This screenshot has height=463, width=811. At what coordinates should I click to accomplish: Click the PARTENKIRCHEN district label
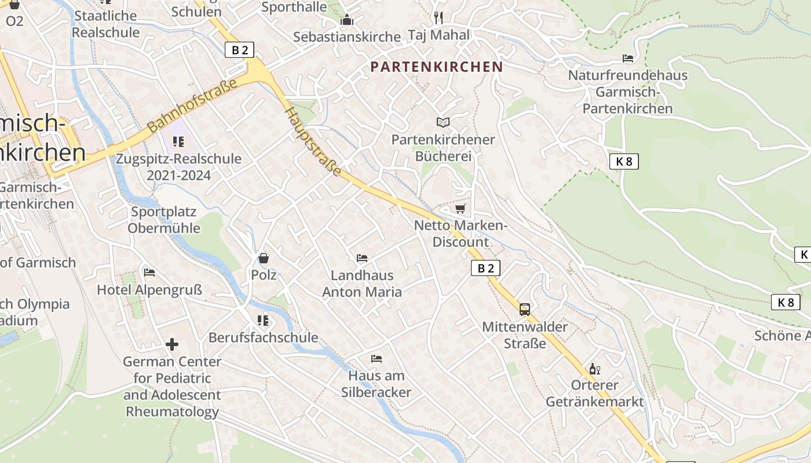(437, 67)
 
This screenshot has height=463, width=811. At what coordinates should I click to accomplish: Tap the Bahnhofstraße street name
(192, 105)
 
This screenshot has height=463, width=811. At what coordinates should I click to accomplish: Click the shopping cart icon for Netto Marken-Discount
(461, 208)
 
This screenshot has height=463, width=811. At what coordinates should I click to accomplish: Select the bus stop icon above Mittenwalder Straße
(525, 310)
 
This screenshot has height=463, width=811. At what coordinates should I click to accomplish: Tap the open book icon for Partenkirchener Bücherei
(443, 122)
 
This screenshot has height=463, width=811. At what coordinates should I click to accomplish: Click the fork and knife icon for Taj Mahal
(439, 18)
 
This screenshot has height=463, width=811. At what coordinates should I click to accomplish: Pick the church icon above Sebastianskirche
(347, 20)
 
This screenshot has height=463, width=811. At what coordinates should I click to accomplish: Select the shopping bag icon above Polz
(264, 258)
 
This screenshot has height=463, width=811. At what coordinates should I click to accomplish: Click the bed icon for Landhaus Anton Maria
(362, 258)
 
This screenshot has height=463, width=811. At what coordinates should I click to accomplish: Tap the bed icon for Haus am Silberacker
(377, 359)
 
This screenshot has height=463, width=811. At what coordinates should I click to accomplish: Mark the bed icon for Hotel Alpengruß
(149, 273)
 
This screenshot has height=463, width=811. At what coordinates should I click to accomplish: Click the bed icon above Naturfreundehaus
(627, 58)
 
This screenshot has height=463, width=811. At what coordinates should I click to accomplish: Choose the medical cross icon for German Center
(172, 344)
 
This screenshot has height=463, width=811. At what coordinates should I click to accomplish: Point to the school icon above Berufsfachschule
(263, 320)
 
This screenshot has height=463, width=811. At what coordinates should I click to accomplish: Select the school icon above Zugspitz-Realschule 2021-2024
(178, 142)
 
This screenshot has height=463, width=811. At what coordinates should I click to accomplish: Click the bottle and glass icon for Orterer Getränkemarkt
(594, 369)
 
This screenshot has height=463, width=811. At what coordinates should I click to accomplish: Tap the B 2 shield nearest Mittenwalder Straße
(485, 268)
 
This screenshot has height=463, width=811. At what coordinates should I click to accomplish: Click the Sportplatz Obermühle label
(164, 220)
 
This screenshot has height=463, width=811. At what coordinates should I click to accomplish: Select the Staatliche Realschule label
(105, 24)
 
